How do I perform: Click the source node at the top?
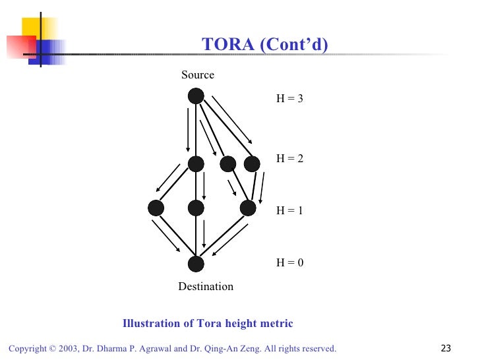[196, 96]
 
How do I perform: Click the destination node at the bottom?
[196, 264]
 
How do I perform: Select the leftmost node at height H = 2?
[196, 164]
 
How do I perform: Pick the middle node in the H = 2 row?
[228, 164]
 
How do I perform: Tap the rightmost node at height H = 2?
[251, 164]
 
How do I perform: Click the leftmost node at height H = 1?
[156, 208]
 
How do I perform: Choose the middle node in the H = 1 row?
[196, 208]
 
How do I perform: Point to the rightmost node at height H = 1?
[248, 208]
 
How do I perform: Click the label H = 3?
[289, 98]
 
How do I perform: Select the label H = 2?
[289, 158]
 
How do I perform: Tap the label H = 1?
[289, 210]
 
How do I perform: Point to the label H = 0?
[289, 262]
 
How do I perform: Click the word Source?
[198, 75]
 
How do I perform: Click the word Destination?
[206, 287]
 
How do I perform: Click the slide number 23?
[446, 348]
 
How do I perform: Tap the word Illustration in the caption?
[151, 324]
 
